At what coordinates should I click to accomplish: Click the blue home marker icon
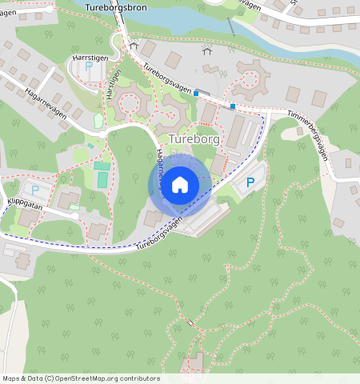(180, 185)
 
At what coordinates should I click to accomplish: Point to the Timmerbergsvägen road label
(308, 134)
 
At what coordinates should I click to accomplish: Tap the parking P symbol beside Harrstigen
(87, 67)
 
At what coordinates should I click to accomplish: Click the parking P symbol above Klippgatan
(34, 190)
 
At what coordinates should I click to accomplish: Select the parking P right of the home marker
(250, 183)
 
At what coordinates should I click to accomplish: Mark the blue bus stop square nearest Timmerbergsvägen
(233, 106)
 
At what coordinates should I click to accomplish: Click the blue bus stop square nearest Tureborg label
(196, 94)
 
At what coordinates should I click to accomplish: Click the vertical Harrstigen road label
(113, 84)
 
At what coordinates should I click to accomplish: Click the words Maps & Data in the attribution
(22, 378)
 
